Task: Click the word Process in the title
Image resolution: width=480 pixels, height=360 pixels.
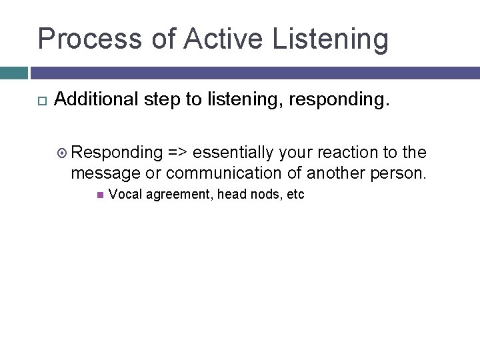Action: point(90,39)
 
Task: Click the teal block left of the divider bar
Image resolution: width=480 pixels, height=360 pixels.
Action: point(13,73)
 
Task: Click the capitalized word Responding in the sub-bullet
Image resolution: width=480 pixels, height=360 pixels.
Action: point(117,153)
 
